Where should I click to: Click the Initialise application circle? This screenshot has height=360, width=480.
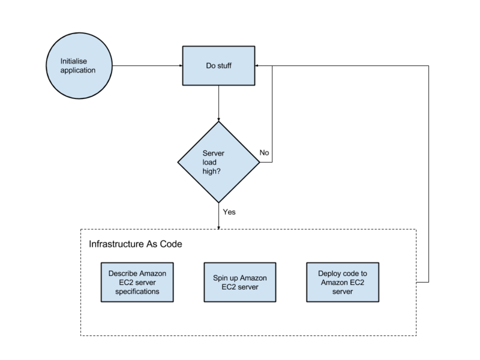tap(79, 66)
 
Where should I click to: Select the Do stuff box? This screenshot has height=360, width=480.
tap(218, 66)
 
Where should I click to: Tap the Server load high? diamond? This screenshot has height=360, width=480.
tap(218, 162)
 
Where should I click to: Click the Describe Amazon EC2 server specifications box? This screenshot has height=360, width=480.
tap(137, 282)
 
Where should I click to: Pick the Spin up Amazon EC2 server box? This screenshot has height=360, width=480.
tap(240, 282)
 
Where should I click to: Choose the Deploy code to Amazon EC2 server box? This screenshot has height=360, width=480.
tap(343, 282)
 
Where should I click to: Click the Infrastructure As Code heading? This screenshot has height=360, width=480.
tap(136, 244)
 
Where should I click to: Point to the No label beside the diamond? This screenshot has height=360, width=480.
tap(264, 152)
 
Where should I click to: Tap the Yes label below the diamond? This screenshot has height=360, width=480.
tap(229, 212)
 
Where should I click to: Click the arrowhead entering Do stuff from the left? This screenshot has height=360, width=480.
tap(181, 65)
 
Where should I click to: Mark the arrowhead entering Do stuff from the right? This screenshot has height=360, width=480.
tap(257, 65)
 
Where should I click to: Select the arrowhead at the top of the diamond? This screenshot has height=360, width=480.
tap(218, 119)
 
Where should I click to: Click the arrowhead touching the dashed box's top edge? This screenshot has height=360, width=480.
tap(218, 227)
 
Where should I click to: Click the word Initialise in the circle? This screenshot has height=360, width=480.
tap(73, 61)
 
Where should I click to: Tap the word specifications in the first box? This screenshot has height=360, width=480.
tap(137, 292)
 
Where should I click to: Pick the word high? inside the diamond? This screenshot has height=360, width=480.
tap(212, 172)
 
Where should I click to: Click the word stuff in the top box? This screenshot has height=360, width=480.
tap(224, 66)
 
